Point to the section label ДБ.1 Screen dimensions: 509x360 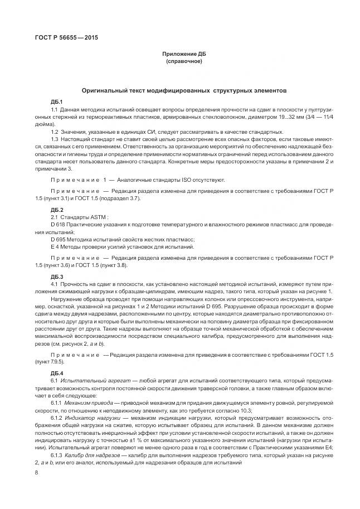point(56,101)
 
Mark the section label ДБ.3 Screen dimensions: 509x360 point(56,277)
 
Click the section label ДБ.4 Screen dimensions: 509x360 point(56,372)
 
